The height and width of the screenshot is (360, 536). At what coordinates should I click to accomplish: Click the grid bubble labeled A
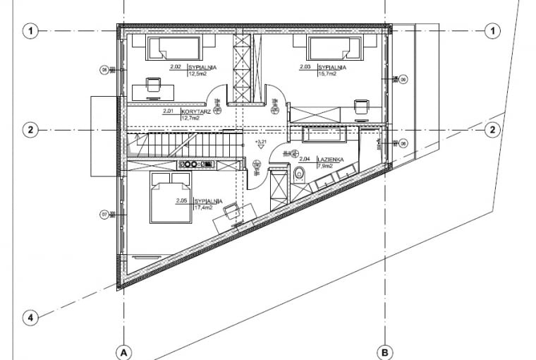(x=123, y=352)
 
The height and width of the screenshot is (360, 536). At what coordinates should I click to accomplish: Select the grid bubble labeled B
(x=385, y=352)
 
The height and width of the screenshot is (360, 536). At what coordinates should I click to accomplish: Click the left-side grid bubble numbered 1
(x=30, y=30)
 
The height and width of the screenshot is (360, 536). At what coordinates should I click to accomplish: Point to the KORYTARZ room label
(x=193, y=112)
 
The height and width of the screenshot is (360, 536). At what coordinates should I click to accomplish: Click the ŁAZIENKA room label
(x=330, y=160)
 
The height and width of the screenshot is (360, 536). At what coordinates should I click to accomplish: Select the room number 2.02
(x=176, y=67)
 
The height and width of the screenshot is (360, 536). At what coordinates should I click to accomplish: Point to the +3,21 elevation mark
(x=261, y=143)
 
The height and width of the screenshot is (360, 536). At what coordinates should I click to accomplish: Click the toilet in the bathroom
(x=299, y=173)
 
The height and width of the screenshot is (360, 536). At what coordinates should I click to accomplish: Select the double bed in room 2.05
(x=171, y=200)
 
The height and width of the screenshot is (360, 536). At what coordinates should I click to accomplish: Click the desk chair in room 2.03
(x=360, y=106)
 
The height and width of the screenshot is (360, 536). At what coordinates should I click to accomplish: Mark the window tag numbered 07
(x=104, y=215)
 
